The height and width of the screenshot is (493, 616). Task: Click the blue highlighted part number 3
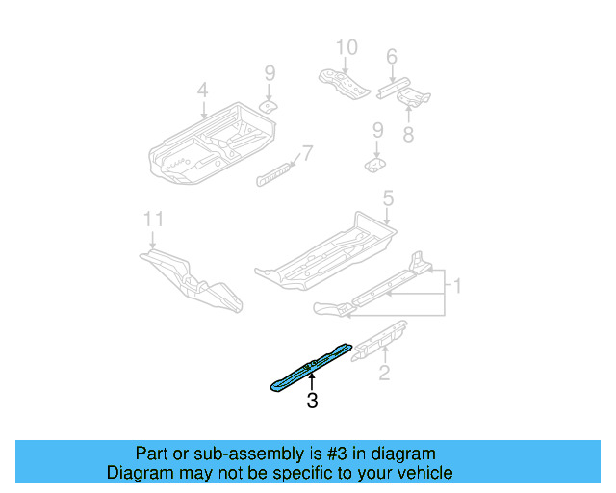click(x=306, y=366)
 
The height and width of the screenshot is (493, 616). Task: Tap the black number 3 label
click(x=312, y=402)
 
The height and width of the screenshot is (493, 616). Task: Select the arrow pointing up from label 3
click(x=311, y=382)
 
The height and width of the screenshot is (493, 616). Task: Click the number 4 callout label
click(x=202, y=91)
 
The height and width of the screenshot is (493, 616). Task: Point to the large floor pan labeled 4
click(x=207, y=144)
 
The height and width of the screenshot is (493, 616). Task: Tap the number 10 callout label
click(x=346, y=46)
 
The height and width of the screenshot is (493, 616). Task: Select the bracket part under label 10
click(x=344, y=81)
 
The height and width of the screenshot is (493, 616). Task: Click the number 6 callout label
click(x=391, y=58)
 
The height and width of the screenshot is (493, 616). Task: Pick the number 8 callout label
click(x=408, y=135)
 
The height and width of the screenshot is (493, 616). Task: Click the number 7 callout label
click(x=307, y=152)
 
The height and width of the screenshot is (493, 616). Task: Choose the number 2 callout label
click(x=384, y=373)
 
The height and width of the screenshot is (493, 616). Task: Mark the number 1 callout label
click(x=458, y=286)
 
